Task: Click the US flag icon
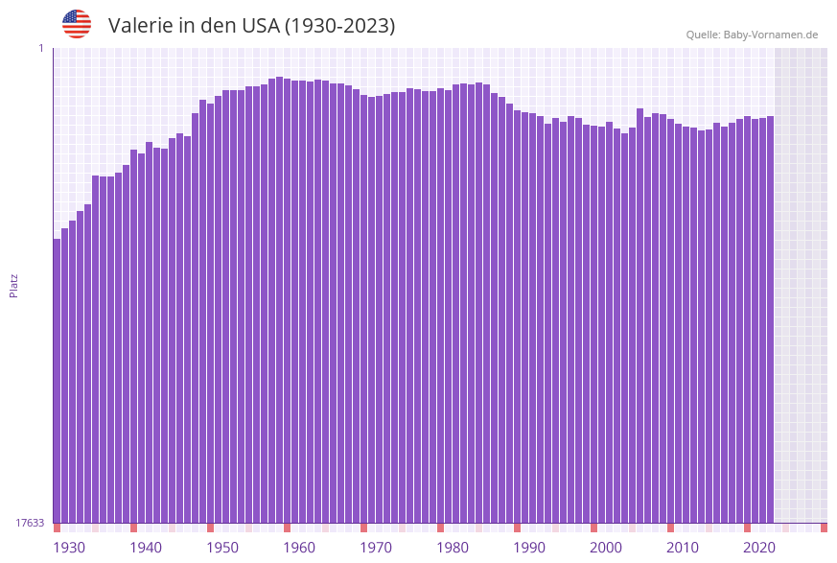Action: tap(77, 24)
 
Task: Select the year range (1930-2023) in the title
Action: tap(339, 26)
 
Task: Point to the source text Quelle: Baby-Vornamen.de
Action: tap(752, 35)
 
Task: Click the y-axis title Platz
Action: tap(13, 285)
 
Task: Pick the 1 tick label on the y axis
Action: tap(41, 48)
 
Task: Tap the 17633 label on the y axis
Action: tap(30, 523)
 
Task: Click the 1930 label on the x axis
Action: tap(69, 548)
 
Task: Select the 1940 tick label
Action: tap(146, 548)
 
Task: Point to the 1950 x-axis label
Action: tap(222, 548)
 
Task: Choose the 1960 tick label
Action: tap(299, 548)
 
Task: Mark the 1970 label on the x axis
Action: tap(376, 548)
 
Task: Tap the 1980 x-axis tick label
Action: tap(453, 548)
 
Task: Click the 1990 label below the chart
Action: tap(529, 548)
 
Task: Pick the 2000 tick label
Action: tap(606, 548)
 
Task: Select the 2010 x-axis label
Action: tap(683, 548)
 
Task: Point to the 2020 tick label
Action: tap(759, 548)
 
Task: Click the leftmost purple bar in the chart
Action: tap(57, 384)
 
